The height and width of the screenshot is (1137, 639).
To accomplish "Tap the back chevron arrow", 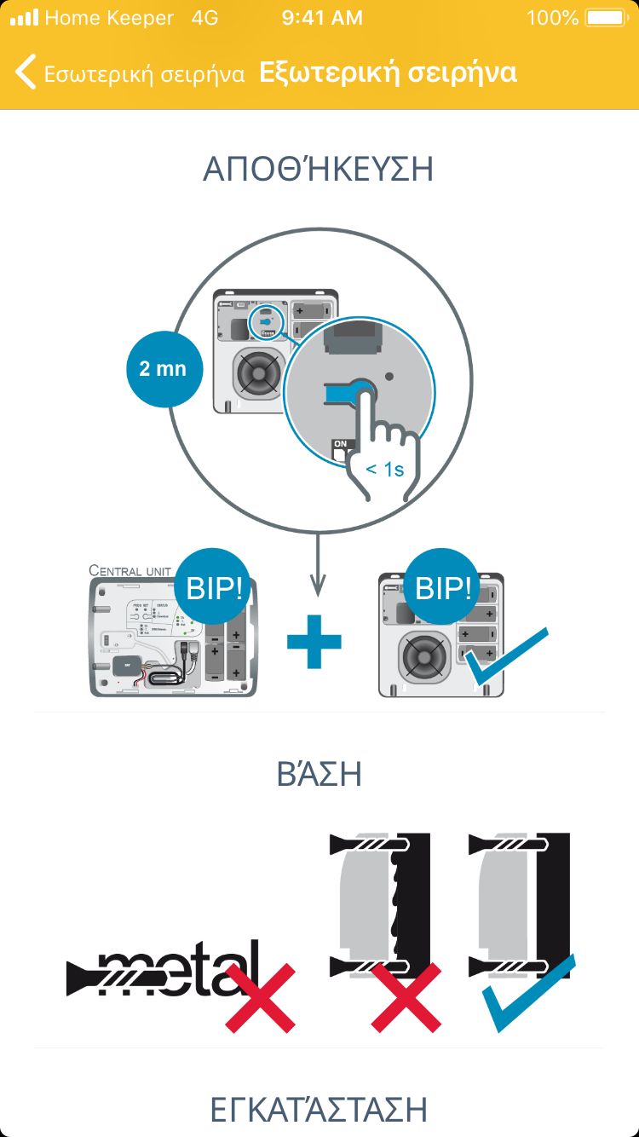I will (x=26, y=72).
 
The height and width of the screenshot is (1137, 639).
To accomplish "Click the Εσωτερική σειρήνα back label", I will (x=145, y=74).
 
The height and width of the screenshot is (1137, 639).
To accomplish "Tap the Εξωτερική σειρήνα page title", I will (x=388, y=72).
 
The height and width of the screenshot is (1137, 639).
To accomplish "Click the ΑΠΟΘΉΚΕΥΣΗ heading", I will (x=319, y=169).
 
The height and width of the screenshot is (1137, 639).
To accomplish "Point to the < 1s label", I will (x=385, y=470).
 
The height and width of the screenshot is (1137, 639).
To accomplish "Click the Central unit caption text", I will (x=130, y=569).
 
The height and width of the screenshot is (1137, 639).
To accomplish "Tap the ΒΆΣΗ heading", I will (x=319, y=774).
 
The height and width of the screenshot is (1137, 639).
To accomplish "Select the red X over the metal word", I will (x=260, y=997).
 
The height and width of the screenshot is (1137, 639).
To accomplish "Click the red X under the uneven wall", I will (x=406, y=997).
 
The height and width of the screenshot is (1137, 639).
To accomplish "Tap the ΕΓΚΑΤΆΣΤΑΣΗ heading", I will (x=319, y=1110).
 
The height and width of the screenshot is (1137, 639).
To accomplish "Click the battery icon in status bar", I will (x=606, y=17).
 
